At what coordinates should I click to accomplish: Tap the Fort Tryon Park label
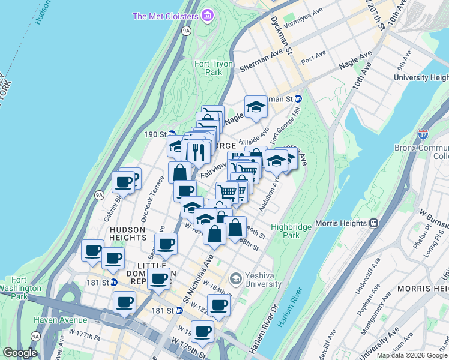(208, 68)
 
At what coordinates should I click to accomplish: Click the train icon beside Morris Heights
(373, 223)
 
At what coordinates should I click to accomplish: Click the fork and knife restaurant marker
(196, 152)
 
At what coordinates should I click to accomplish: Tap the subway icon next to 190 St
(172, 134)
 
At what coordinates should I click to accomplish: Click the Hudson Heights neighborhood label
(127, 229)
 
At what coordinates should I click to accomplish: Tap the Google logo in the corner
(20, 353)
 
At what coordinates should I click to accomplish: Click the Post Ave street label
(313, 58)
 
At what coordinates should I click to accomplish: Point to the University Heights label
(421, 78)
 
